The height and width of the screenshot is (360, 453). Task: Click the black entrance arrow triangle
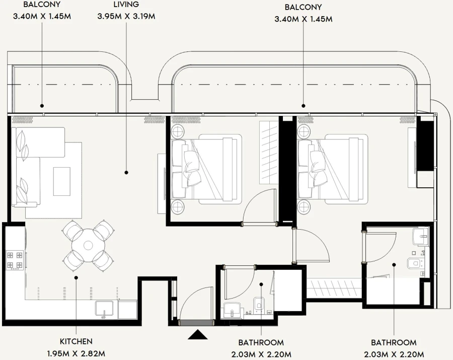click(x=198, y=334)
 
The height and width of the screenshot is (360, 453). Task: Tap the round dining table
click(x=88, y=246)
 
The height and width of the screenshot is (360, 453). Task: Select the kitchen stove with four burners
click(x=14, y=259)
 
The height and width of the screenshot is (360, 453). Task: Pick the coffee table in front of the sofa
click(x=62, y=181)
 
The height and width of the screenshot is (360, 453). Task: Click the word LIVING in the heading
click(x=126, y=5)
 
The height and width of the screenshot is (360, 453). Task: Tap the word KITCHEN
click(x=75, y=341)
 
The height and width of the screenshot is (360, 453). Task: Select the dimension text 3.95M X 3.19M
click(x=126, y=16)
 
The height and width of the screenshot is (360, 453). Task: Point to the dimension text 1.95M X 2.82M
click(x=75, y=353)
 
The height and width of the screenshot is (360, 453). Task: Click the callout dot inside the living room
click(x=126, y=172)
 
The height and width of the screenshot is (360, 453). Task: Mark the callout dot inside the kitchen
click(x=75, y=277)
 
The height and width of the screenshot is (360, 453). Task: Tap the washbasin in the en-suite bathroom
click(x=419, y=235)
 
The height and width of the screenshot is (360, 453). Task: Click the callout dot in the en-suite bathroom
click(x=394, y=264)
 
